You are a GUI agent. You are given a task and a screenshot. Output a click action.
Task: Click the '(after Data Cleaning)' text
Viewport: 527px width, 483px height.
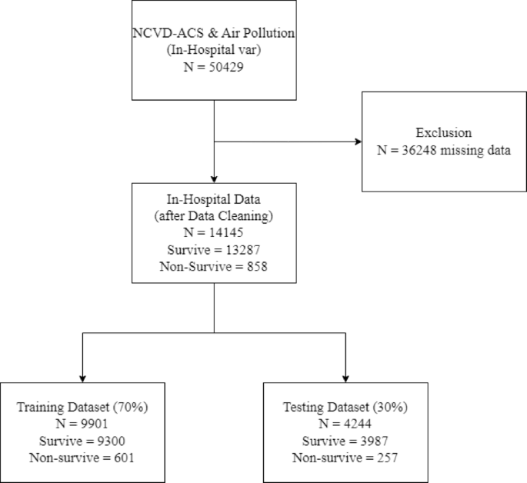tap(212, 215)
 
